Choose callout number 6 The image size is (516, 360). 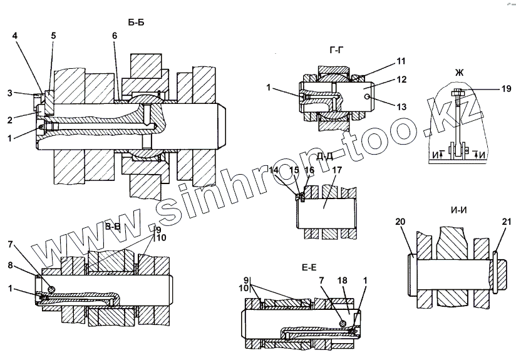(114, 36)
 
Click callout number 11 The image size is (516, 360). (401, 61)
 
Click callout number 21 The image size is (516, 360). (507, 221)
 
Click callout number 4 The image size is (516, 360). (14, 36)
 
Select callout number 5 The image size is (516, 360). (53, 36)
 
